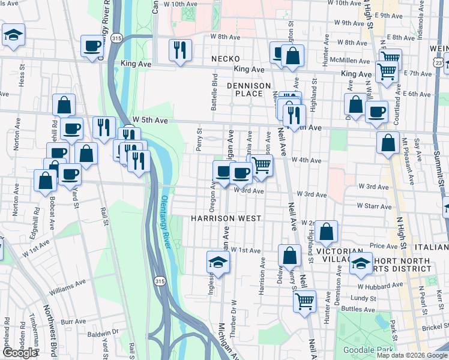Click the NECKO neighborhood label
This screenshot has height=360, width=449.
(x=226, y=59)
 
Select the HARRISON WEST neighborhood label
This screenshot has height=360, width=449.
(x=226, y=218)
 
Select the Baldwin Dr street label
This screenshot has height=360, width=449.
(x=103, y=332)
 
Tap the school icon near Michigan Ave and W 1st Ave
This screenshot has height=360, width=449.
(x=218, y=262)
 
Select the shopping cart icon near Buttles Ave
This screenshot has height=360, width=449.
(x=305, y=300)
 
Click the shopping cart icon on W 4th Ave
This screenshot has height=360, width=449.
(x=262, y=166)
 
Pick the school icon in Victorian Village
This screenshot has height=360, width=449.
(x=361, y=263)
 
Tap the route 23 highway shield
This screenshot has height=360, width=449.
(x=440, y=62)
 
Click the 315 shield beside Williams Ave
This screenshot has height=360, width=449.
(x=159, y=281)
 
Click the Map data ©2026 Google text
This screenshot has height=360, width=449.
(x=411, y=355)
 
